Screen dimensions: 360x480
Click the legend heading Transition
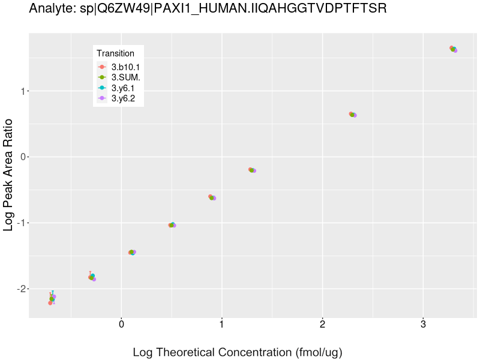[115, 53]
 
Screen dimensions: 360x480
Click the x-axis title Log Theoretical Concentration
[238, 352]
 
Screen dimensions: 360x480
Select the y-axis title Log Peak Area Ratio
[9, 174]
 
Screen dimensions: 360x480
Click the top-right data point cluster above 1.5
[454, 49]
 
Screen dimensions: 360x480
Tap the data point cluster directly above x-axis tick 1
[212, 197]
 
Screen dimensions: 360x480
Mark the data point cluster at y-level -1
[172, 225]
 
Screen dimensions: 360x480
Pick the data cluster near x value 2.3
[353, 115]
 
